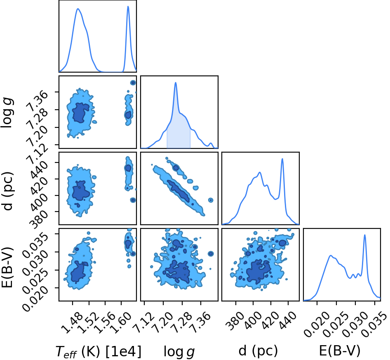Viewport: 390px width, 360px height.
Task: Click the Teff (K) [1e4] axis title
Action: click(98, 352)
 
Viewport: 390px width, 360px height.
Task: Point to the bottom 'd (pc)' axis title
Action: click(258, 351)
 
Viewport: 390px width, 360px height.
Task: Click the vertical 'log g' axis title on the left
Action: click(7, 113)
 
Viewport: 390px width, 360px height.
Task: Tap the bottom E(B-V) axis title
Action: click(340, 351)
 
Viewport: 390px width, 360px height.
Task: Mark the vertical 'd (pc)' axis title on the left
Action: click(7, 191)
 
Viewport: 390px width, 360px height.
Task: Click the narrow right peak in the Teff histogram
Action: click(128, 7)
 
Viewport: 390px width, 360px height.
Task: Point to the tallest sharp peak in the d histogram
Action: click(282, 159)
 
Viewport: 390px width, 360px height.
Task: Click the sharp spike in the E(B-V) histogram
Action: click(364, 235)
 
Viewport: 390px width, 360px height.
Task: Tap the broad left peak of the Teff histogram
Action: click(78, 9)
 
